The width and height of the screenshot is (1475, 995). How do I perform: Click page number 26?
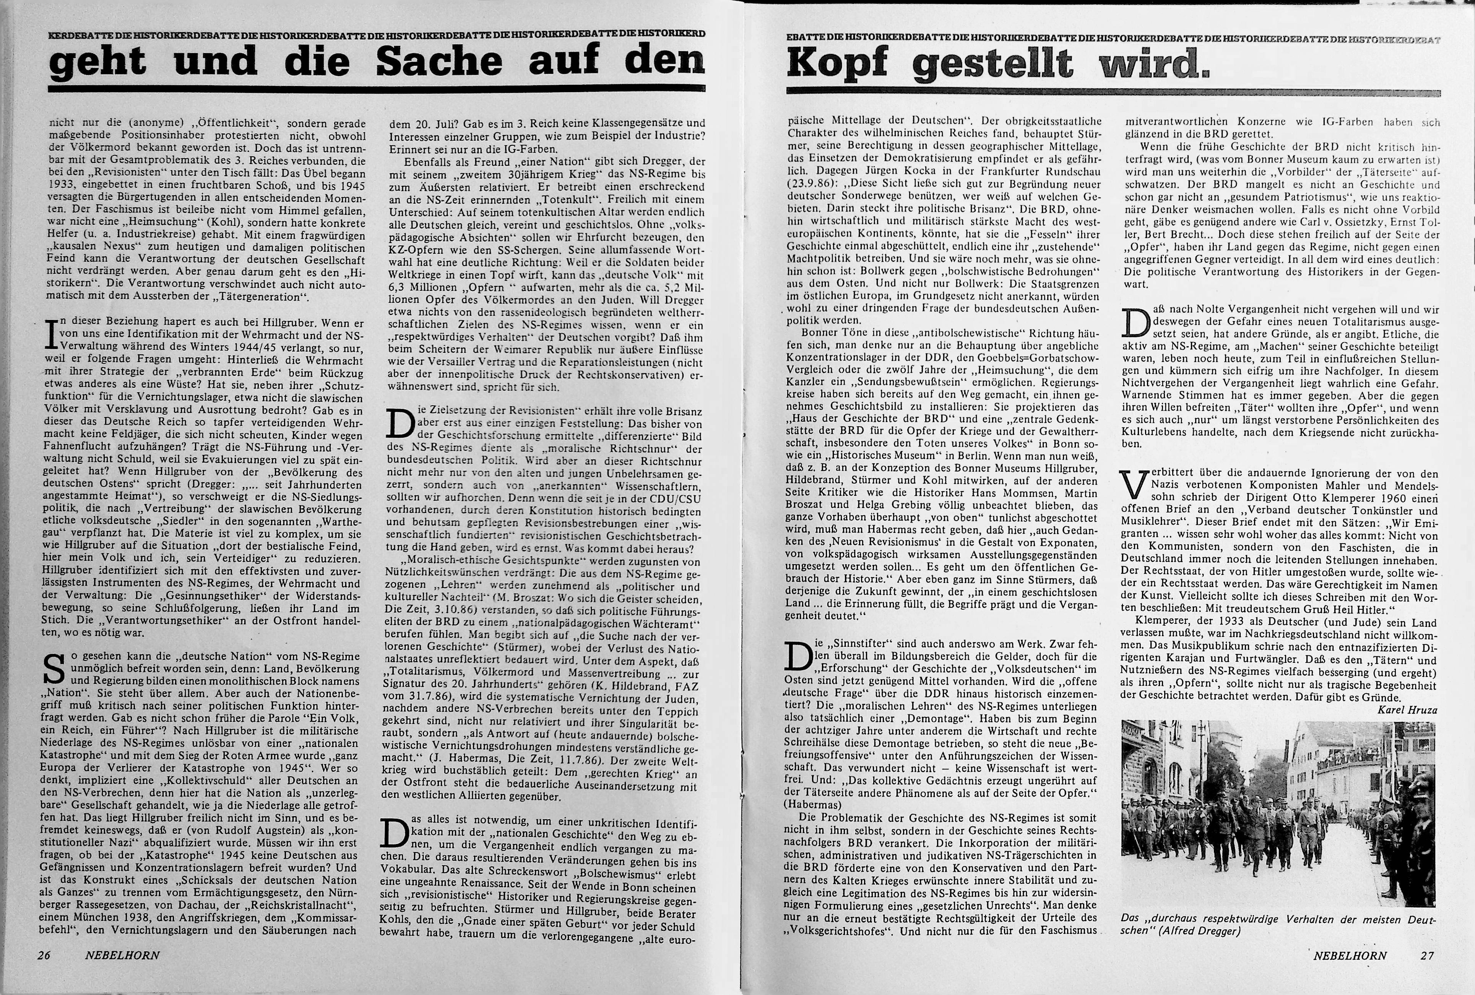click(x=44, y=955)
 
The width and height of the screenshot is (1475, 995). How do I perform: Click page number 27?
click(x=1427, y=955)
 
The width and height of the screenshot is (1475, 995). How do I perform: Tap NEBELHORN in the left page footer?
click(x=122, y=955)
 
